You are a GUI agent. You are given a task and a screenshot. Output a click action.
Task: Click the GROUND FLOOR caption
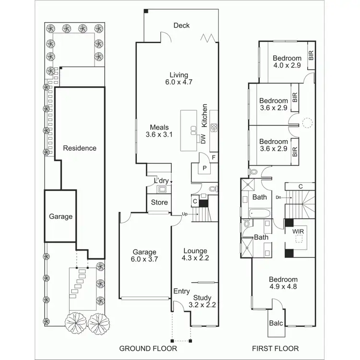point(148,348)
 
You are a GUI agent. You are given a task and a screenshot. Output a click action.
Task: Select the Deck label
point(182,25)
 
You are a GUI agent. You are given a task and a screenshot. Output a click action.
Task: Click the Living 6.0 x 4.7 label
point(179,79)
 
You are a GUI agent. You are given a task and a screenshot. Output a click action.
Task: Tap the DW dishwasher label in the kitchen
point(203,139)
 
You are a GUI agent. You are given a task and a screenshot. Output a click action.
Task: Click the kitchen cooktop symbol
point(214,128)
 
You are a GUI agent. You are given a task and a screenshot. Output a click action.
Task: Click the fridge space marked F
point(213,157)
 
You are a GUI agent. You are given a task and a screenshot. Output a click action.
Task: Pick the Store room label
point(159,203)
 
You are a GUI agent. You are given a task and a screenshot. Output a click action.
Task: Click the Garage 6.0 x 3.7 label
point(144,255)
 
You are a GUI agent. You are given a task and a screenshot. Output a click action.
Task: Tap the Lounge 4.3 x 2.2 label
point(195,254)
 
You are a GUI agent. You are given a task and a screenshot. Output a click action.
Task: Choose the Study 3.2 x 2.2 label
point(202,301)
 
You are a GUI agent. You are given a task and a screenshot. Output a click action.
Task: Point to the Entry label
point(181,291)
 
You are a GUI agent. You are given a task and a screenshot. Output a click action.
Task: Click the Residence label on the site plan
point(80,148)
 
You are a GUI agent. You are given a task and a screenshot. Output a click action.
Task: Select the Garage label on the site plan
point(61,216)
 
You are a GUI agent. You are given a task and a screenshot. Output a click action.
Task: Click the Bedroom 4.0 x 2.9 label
point(287,61)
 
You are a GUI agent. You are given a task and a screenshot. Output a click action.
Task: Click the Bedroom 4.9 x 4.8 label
point(283,283)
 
